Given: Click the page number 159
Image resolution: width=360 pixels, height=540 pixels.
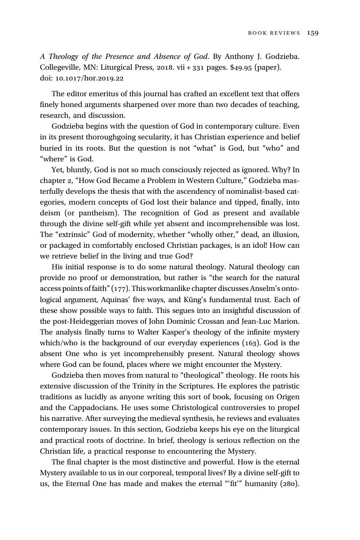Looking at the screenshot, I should coord(313,33).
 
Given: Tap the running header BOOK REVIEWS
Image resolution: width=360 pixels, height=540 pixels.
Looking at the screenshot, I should coord(274,33).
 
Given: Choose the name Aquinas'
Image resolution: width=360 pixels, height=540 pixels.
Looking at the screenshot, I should coord(124,299).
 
